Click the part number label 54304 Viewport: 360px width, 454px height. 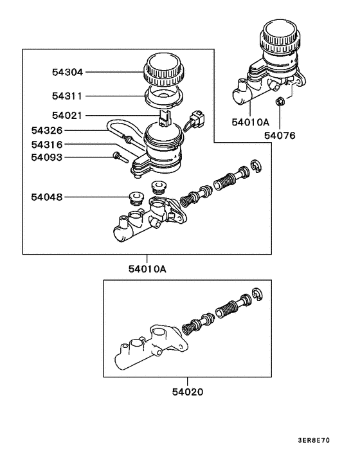pyautogui.click(x=67, y=73)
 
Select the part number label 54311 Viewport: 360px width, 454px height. pyautogui.click(x=67, y=96)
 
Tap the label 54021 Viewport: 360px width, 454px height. pyautogui.click(x=67, y=116)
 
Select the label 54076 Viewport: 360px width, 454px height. pyautogui.click(x=280, y=136)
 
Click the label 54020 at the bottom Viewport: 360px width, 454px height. pyautogui.click(x=188, y=391)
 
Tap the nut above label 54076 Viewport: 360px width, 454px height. pyautogui.click(x=280, y=102)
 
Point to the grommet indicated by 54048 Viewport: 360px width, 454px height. pyautogui.click(x=136, y=197)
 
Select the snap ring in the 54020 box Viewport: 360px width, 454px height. pyautogui.click(x=258, y=295)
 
